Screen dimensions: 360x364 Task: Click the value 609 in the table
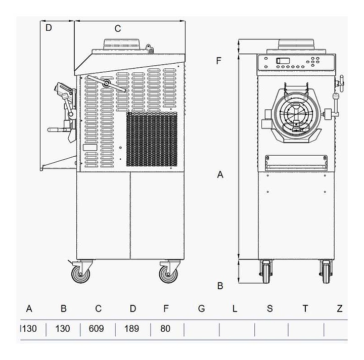click(96, 329)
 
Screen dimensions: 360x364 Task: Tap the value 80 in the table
click(165, 329)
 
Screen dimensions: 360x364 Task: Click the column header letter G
click(201, 308)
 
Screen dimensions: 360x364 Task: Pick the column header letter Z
click(340, 308)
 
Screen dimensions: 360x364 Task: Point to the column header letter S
click(269, 308)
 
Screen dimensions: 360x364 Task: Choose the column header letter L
click(235, 308)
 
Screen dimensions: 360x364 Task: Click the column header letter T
click(305, 308)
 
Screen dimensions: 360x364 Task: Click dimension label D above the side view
click(49, 28)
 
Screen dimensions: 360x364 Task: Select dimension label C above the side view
click(118, 29)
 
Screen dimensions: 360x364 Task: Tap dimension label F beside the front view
click(218, 61)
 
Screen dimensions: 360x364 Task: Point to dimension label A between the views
click(220, 174)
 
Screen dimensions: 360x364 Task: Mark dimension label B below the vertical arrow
click(220, 286)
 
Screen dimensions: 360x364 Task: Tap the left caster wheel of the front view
click(266, 273)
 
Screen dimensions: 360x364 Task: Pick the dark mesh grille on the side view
click(152, 139)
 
